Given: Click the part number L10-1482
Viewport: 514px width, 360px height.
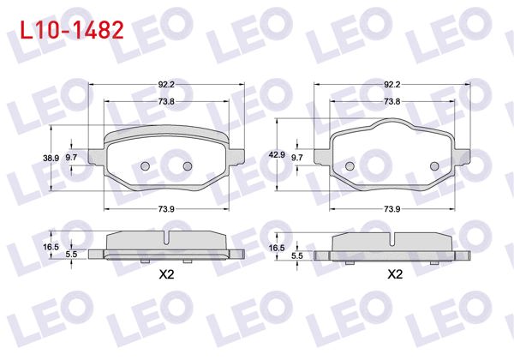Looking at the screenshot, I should pyautogui.click(x=66, y=30).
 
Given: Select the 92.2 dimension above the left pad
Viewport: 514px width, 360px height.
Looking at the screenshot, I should pyautogui.click(x=167, y=84).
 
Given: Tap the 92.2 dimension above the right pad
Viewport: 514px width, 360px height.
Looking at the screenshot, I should pyautogui.click(x=392, y=84).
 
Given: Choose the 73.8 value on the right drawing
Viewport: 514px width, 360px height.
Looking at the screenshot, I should pyautogui.click(x=392, y=101).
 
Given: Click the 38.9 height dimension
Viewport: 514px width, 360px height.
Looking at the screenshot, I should pyautogui.click(x=51, y=159).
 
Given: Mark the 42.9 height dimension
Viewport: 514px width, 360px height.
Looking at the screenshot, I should pyautogui.click(x=276, y=155).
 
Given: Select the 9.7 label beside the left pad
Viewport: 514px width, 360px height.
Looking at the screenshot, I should pyautogui.click(x=71, y=159).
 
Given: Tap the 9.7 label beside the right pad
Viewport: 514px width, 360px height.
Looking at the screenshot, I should pyautogui.click(x=297, y=159).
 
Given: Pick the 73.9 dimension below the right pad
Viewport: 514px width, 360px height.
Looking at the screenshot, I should pyautogui.click(x=392, y=209).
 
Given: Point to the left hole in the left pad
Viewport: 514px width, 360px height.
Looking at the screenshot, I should pyautogui.click(x=145, y=165).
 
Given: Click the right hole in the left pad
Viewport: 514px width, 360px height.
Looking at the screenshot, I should pyautogui.click(x=188, y=165).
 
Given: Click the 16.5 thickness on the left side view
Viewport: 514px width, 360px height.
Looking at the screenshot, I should pyautogui.click(x=51, y=247).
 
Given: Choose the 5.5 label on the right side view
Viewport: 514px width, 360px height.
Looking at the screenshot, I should pyautogui.click(x=297, y=255).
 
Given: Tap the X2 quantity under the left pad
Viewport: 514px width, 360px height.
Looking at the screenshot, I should pyautogui.click(x=167, y=275).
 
